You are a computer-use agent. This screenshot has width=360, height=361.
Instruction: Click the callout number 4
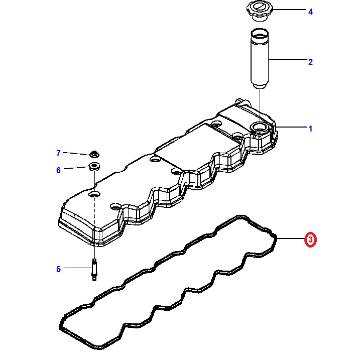pyautogui.click(x=310, y=12)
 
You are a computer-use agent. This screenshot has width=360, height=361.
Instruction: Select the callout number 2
pyautogui.click(x=310, y=62)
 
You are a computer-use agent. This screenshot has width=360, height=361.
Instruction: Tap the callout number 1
pyautogui.click(x=310, y=129)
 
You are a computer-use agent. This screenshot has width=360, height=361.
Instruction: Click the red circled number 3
pyautogui.click(x=311, y=240)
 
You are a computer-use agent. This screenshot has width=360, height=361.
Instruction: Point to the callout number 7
pyautogui.click(x=58, y=153)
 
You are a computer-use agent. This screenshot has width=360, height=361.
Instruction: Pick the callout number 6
pyautogui.click(x=58, y=170)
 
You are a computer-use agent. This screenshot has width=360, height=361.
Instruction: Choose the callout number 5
pyautogui.click(x=58, y=269)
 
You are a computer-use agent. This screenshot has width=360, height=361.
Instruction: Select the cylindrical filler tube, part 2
pyautogui.click(x=260, y=59)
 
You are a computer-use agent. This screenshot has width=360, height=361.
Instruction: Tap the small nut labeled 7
pyautogui.click(x=94, y=154)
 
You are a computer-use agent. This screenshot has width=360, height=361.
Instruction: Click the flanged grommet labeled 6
pyautogui.click(x=94, y=167)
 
